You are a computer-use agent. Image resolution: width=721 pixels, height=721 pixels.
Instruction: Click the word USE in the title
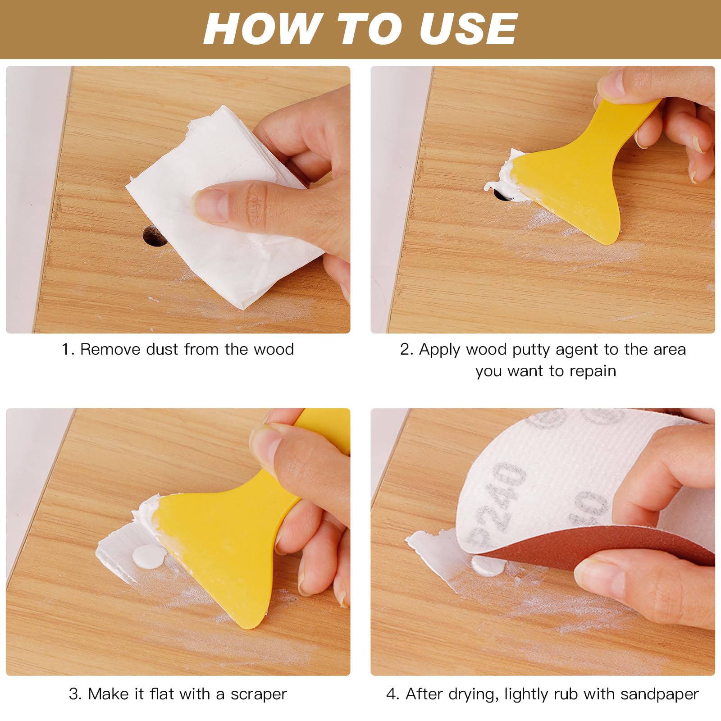point(469,28)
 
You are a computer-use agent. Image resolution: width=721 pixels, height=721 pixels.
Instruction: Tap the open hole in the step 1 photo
point(154,236)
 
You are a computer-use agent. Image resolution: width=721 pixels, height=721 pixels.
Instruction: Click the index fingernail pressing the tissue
point(208,205)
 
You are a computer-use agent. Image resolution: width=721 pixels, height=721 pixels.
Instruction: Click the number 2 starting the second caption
point(405,349)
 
